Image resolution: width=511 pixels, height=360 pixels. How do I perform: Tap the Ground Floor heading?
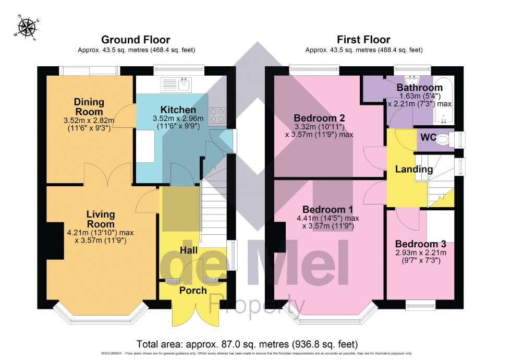(135, 40)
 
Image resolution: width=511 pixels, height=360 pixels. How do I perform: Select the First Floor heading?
(363, 40)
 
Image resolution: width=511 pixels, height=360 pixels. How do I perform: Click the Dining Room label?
(89, 107)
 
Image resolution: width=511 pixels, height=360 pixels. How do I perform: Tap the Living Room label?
(101, 220)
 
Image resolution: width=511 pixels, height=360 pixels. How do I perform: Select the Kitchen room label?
(178, 110)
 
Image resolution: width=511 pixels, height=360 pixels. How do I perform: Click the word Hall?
(189, 250)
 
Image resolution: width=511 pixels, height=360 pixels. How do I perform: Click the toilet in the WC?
(443, 140)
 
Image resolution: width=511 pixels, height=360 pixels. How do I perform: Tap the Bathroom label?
(419, 88)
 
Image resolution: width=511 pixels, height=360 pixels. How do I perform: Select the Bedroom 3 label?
(420, 244)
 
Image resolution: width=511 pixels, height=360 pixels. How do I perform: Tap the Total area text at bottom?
(247, 344)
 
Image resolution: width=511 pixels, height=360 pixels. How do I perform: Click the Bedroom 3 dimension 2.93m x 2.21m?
(420, 253)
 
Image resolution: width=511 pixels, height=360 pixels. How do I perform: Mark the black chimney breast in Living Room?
(53, 238)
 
